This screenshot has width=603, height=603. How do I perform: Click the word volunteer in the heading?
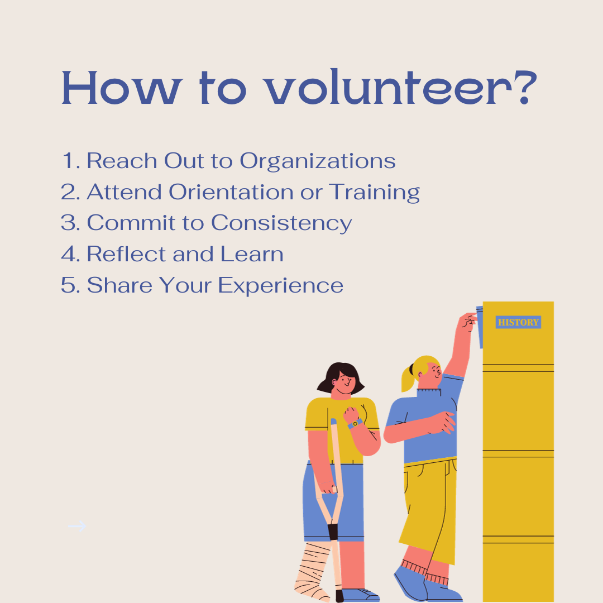pos(389,87)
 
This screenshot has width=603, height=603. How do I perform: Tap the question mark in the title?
pos(526,88)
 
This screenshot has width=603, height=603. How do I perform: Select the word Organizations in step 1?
pos(318,161)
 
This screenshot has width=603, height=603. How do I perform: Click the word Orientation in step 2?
pos(231,192)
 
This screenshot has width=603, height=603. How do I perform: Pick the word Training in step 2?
pos(374,193)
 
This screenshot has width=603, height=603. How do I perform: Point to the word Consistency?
pos(281,223)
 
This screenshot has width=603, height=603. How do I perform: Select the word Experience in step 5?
pos(280,286)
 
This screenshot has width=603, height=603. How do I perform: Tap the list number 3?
pos(68,223)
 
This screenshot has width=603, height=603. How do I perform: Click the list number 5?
pos(68,285)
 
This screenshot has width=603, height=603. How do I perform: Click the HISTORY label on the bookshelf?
pos(518,322)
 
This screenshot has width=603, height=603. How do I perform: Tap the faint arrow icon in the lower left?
pos(77,526)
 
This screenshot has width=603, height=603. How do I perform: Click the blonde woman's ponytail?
pos(408,379)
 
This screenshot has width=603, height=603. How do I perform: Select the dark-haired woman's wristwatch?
pos(354,423)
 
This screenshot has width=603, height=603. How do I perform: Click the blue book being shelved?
pos(480,327)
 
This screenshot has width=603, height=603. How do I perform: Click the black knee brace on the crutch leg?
pos(333,532)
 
